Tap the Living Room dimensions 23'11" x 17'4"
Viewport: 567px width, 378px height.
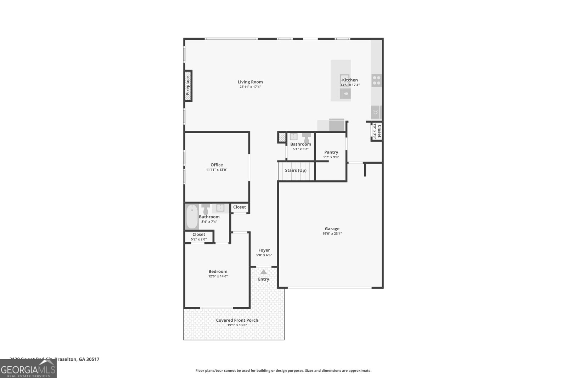pyautogui.click(x=250, y=87)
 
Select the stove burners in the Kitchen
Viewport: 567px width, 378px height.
pyautogui.click(x=376, y=80)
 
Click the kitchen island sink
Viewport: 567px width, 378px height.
pyautogui.click(x=346, y=94)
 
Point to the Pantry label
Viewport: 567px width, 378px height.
pyautogui.click(x=331, y=152)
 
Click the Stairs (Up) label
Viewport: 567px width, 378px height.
pyautogui.click(x=296, y=170)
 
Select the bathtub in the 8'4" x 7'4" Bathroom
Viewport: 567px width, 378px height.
pyautogui.click(x=192, y=216)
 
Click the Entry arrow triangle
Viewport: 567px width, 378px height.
pyautogui.click(x=263, y=272)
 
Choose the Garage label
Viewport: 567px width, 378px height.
pyautogui.click(x=332, y=229)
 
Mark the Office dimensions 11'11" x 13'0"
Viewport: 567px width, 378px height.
pyautogui.click(x=217, y=170)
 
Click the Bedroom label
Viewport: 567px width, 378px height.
pyautogui.click(x=218, y=271)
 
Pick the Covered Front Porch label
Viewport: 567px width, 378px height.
pyautogui.click(x=237, y=320)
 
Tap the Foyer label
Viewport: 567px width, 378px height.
pyautogui.click(x=264, y=250)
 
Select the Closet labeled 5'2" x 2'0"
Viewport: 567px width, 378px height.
pyautogui.click(x=198, y=237)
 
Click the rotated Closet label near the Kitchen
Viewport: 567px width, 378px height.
pyautogui.click(x=379, y=131)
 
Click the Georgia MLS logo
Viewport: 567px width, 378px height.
pyautogui.click(x=28, y=369)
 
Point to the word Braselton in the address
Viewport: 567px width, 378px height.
pyautogui.click(x=66, y=359)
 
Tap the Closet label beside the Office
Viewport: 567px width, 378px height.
pyautogui.click(x=239, y=207)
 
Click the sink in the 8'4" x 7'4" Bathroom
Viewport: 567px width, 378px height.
pyautogui.click(x=220, y=208)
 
